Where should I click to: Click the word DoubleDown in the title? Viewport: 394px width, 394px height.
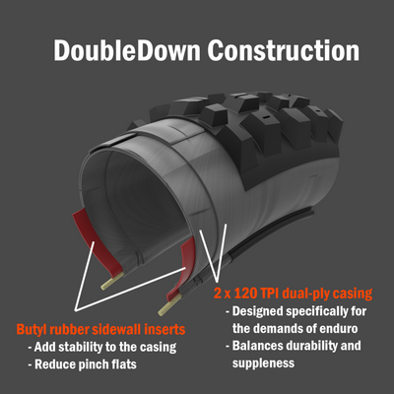127,50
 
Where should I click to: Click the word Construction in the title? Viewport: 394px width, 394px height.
284,50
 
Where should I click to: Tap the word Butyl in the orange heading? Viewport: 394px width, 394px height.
30,329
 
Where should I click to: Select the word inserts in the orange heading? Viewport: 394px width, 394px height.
165,329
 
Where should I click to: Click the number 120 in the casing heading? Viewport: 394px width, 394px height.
244,293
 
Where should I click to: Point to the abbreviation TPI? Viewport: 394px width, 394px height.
269,293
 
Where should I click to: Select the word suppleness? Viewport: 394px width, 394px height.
263,363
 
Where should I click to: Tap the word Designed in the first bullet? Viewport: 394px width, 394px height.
258,311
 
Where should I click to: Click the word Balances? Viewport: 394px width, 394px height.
254,346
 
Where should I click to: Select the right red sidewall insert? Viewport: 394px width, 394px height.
181,264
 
